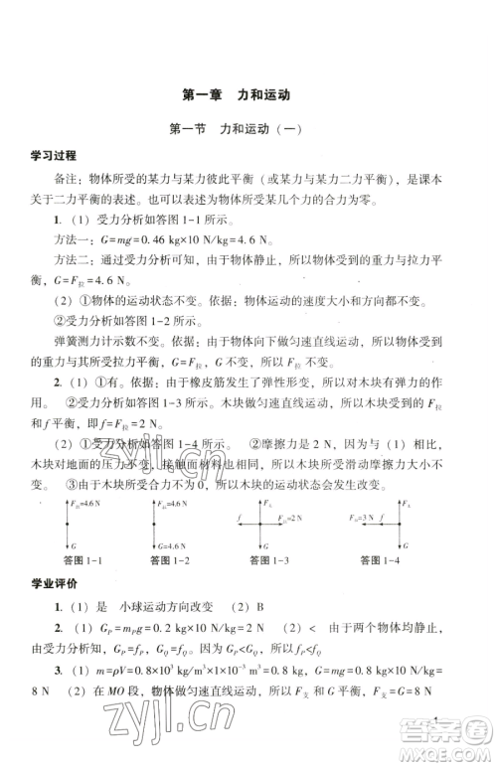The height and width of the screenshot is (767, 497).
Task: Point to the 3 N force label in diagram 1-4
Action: tap(367, 518)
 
